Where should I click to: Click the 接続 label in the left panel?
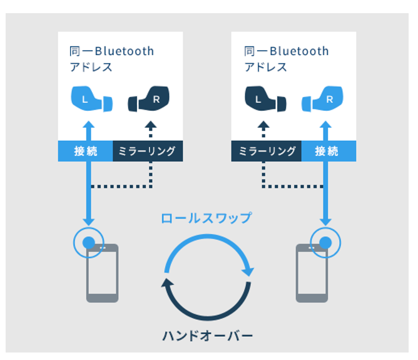coord(85,151)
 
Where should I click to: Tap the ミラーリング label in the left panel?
coord(148,151)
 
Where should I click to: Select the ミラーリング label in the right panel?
coord(267,151)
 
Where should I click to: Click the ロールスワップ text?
coord(206,218)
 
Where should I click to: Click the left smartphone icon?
coord(102,273)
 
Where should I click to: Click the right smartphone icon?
coord(312,273)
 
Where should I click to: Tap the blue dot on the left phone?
coord(89,242)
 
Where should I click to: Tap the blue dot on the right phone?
coord(325,242)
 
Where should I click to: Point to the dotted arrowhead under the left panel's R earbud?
coord(151,125)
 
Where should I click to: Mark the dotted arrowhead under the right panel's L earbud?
coord(263,125)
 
